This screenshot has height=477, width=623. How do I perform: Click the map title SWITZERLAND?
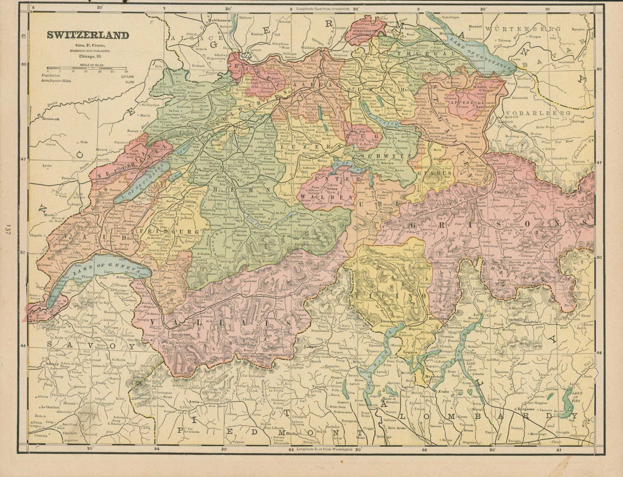point(88,35)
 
